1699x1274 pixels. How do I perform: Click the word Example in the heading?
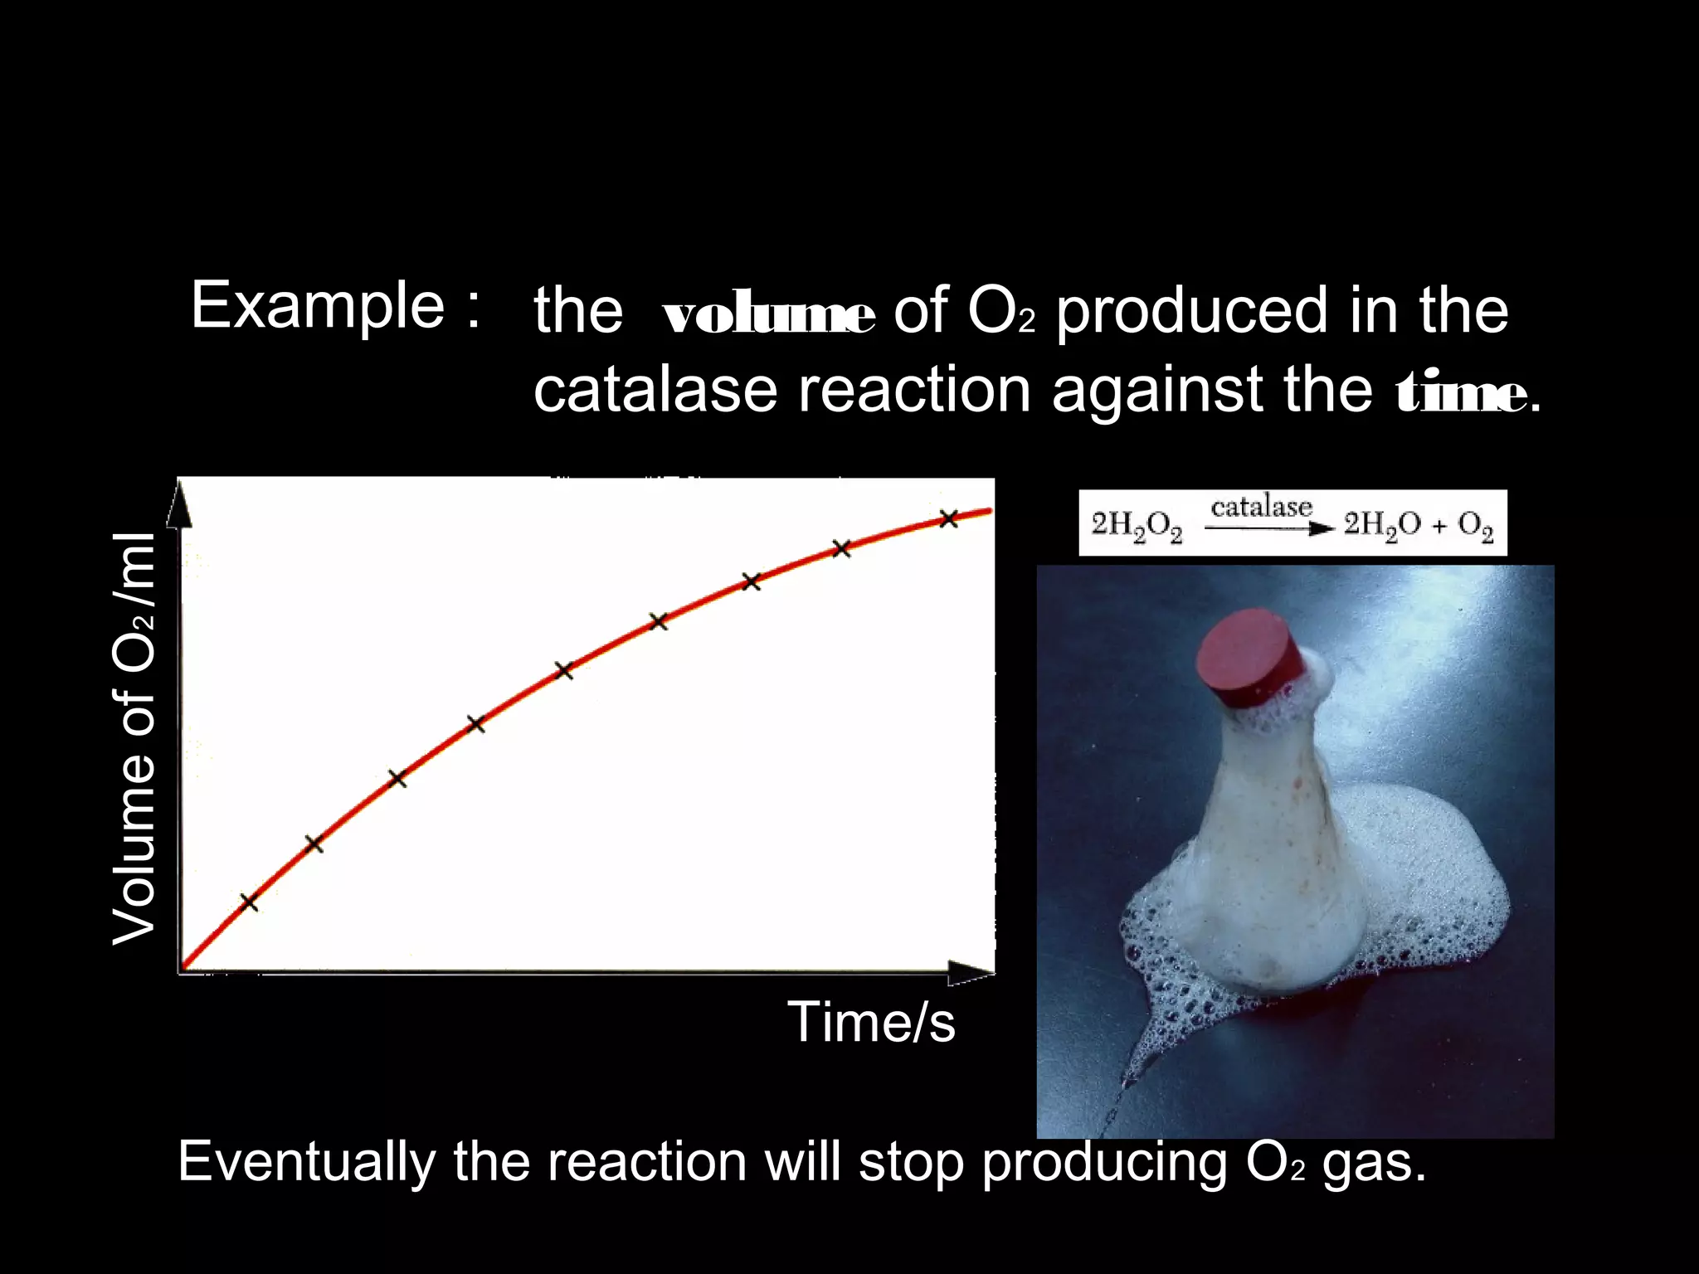(x=318, y=307)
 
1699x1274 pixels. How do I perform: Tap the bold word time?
(x=1460, y=395)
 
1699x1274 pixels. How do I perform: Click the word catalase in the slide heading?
(x=655, y=390)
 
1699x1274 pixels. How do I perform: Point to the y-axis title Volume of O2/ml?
(x=134, y=738)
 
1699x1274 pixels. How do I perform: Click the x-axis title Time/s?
(x=871, y=1022)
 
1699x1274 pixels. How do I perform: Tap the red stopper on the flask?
(x=1250, y=658)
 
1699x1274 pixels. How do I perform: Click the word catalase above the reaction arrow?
(x=1261, y=507)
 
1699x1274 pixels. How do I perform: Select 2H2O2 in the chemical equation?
(x=1137, y=526)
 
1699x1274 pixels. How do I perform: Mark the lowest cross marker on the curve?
(x=249, y=902)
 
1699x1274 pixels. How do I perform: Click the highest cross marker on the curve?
(x=949, y=519)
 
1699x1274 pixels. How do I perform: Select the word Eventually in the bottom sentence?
(x=307, y=1161)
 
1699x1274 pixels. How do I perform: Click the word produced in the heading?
(x=1192, y=311)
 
